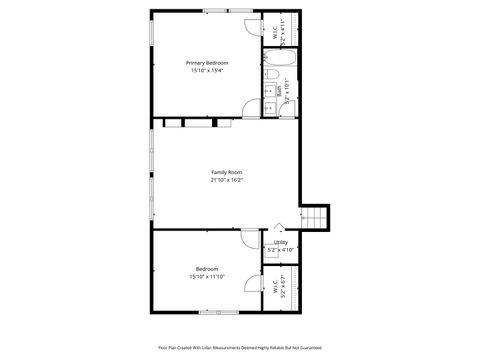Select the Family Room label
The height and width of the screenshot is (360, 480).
point(226,172)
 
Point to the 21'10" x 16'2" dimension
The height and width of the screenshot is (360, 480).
point(226,180)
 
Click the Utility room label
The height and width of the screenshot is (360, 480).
point(281,242)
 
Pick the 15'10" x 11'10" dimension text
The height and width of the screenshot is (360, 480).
point(207,276)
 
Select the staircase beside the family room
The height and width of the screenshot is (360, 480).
point(316,216)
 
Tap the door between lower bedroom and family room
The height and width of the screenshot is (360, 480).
point(248,237)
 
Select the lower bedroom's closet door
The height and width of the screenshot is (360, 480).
point(251,284)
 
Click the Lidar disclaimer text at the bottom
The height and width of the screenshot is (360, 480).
point(240,347)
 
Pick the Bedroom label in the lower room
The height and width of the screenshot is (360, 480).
point(207,268)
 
